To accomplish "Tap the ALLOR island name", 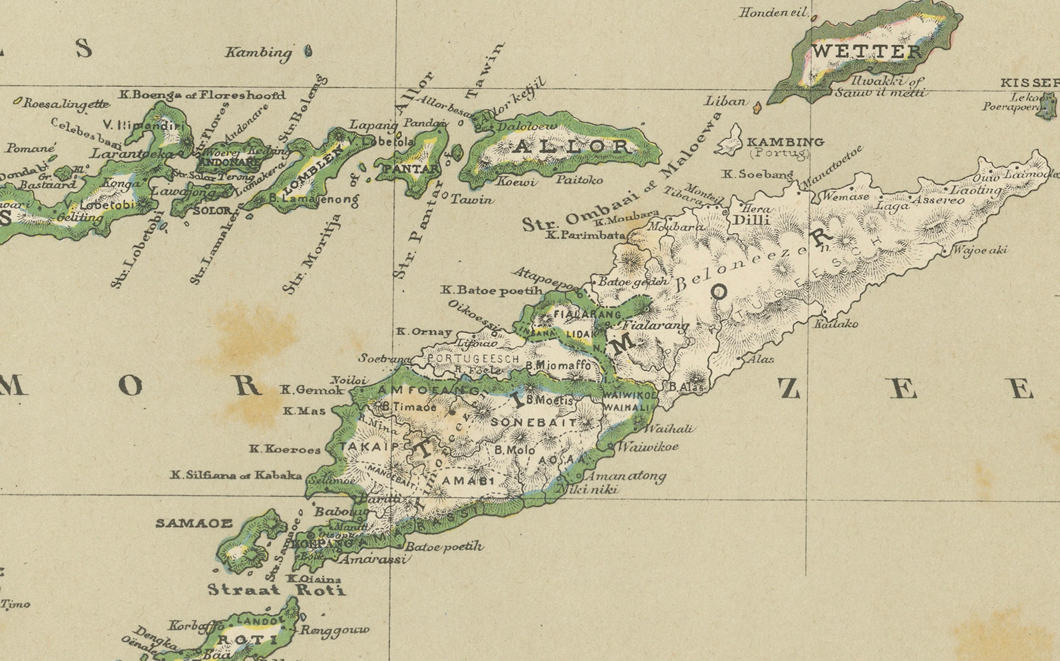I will (572, 147).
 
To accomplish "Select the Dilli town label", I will (751, 220).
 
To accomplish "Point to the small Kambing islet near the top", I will (308, 52).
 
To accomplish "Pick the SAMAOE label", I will (194, 523).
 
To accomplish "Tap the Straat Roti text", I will (276, 590).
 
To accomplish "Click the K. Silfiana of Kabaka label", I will (236, 475).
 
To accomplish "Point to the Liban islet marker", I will (758, 107).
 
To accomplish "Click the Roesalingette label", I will (66, 104).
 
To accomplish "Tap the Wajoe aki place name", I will (979, 250).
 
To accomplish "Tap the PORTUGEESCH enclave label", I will (473, 359).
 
